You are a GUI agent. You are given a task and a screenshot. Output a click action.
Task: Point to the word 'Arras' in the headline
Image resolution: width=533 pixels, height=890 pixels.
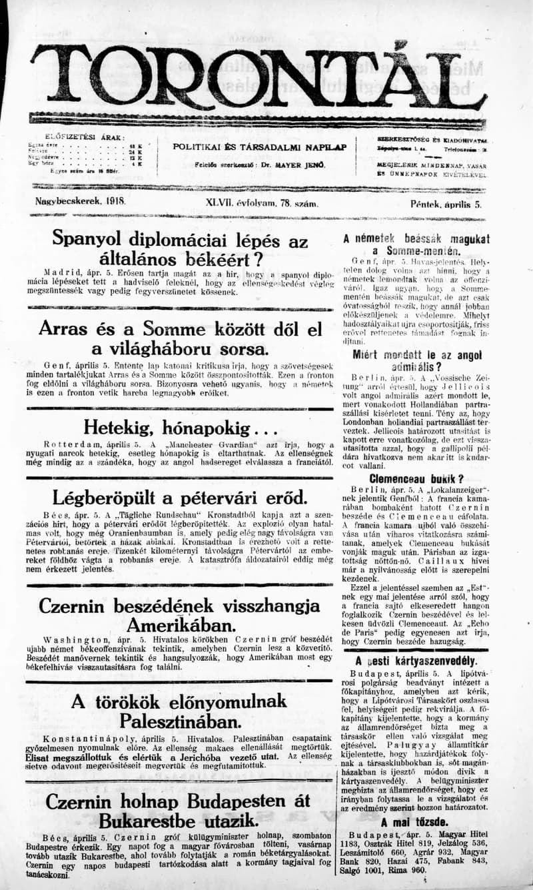[x=64, y=328]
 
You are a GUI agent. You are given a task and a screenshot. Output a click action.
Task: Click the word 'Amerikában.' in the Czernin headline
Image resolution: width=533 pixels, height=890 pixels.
[x=180, y=627]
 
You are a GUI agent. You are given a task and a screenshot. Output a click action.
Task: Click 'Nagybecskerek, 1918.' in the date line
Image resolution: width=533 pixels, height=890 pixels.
[x=81, y=200]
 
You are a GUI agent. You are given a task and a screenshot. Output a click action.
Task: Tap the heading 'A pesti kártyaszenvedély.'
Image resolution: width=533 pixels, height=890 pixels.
[x=416, y=662]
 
